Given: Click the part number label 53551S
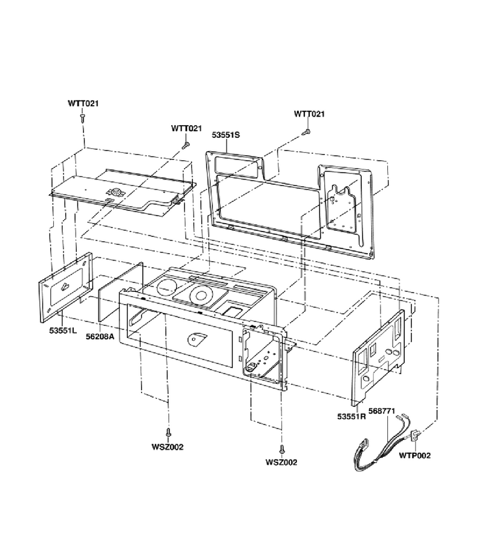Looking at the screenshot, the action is pyautogui.click(x=226, y=135).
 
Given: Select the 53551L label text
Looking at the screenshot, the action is pyautogui.click(x=63, y=330).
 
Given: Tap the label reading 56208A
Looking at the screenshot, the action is pyautogui.click(x=100, y=336).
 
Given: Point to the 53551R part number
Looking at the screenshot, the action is pyautogui.click(x=352, y=416).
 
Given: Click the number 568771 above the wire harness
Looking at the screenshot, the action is pyautogui.click(x=382, y=411).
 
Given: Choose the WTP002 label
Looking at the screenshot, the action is pyautogui.click(x=414, y=456).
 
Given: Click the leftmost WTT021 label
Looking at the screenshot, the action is pyautogui.click(x=83, y=103).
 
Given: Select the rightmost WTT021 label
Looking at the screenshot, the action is pyautogui.click(x=309, y=114).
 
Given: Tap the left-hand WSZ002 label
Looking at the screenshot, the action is pyautogui.click(x=168, y=447).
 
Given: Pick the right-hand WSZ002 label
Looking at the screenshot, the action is pyautogui.click(x=281, y=462).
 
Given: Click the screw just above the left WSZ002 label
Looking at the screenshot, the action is pyautogui.click(x=168, y=433).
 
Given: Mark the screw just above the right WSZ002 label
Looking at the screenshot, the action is pyautogui.click(x=281, y=449).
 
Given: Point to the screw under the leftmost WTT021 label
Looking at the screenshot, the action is pyautogui.click(x=83, y=117).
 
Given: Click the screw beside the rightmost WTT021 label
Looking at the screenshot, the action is pyautogui.click(x=306, y=132).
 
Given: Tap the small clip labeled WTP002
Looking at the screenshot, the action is pyautogui.click(x=415, y=436).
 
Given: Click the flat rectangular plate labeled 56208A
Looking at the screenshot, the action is pyautogui.click(x=120, y=291).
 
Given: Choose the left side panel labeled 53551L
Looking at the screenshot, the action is pyautogui.click(x=65, y=288).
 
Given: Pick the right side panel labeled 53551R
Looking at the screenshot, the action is pyautogui.click(x=379, y=358).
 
